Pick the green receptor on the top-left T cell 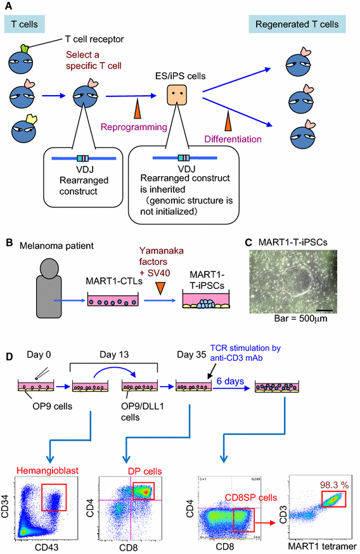point(28,48)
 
